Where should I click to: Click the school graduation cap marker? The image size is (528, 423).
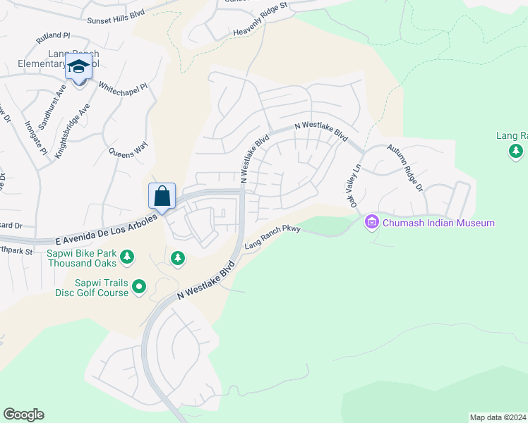[x=79, y=68]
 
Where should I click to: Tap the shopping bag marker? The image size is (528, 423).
[x=162, y=196]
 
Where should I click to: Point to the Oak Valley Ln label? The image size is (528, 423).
[x=356, y=187]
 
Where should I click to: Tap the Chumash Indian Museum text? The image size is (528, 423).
[x=438, y=223]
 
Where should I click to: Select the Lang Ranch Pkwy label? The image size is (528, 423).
[x=272, y=238]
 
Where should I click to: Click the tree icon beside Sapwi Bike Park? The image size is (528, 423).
[x=127, y=257]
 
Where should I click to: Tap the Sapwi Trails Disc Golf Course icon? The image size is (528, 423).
[x=140, y=286]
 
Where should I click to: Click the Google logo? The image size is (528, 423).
[x=23, y=415]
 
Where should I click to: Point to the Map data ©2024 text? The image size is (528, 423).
[x=497, y=417]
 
